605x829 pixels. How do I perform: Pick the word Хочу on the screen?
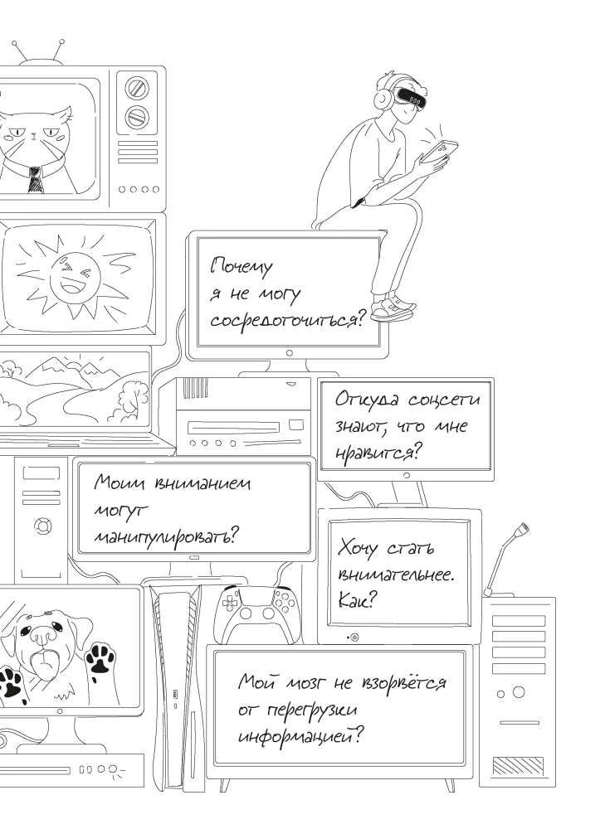[x=360, y=549]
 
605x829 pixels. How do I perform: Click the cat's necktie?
[x=34, y=177]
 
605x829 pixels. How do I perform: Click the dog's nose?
[x=43, y=636]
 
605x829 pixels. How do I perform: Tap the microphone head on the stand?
[x=522, y=528]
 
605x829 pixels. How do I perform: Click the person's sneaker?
[x=392, y=310]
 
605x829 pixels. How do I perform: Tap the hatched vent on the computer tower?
[x=518, y=764]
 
